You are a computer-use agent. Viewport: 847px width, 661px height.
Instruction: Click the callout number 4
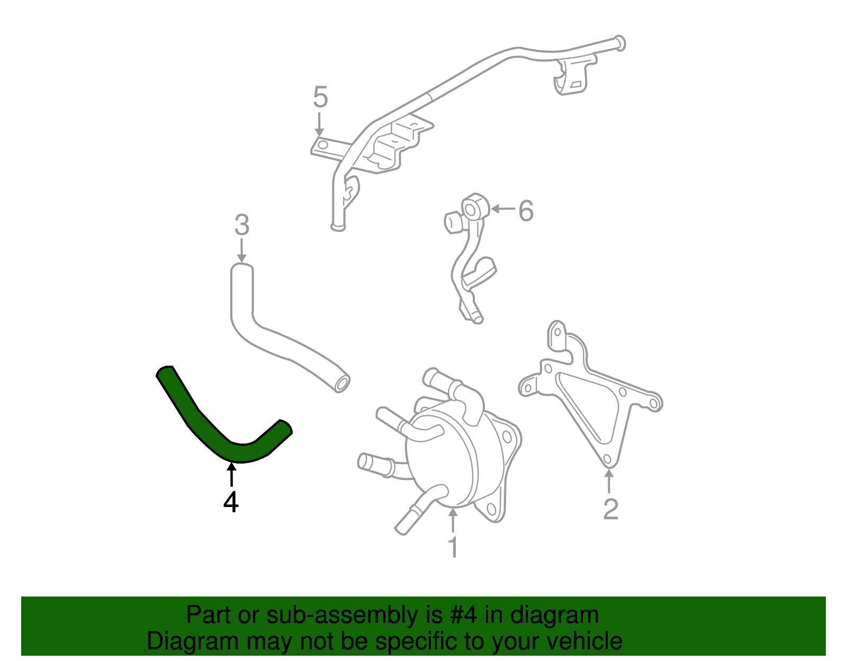(x=231, y=502)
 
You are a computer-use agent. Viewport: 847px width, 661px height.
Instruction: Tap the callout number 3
(x=241, y=225)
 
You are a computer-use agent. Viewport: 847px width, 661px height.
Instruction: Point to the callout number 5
(x=320, y=97)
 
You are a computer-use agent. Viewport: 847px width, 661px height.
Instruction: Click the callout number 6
(x=526, y=211)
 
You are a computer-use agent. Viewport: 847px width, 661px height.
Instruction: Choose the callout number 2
(x=610, y=509)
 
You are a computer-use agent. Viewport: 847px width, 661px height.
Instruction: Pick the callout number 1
(x=453, y=547)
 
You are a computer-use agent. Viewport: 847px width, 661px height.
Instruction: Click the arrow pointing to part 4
(x=231, y=474)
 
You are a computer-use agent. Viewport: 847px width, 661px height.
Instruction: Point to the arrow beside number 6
(x=503, y=209)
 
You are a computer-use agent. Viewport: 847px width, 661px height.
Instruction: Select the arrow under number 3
(x=241, y=250)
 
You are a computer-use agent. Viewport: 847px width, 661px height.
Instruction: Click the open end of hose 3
(x=342, y=383)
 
